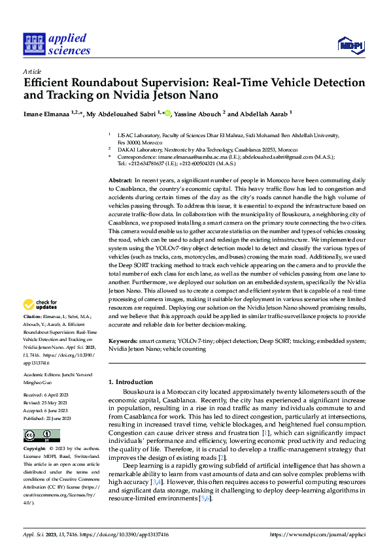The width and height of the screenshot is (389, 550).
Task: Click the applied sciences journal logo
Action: pyautogui.click(x=56, y=44)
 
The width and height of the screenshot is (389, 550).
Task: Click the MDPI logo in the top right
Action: pyautogui.click(x=350, y=44)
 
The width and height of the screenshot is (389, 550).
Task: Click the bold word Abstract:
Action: pyautogui.click(x=120, y=179)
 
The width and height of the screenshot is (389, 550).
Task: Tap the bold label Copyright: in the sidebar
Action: pyautogui.click(x=35, y=449)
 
